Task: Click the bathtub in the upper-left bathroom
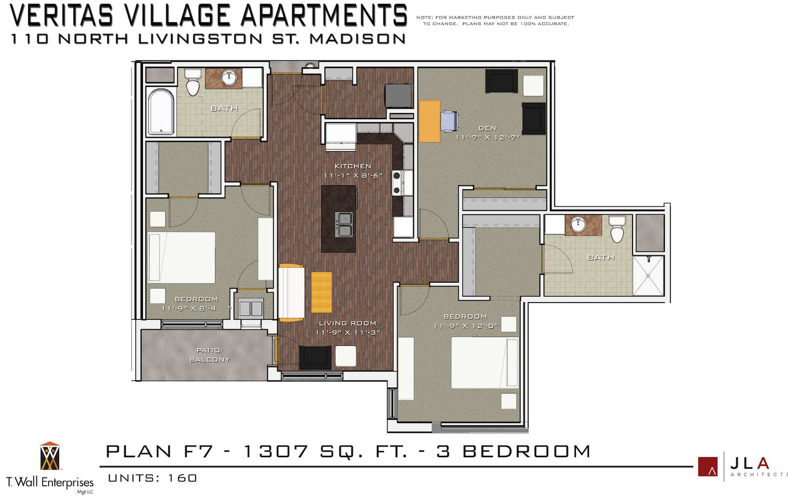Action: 161,112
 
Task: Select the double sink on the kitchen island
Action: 345,224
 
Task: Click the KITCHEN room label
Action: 353,166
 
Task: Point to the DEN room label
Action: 487,128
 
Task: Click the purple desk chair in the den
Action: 449,120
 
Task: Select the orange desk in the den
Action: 429,121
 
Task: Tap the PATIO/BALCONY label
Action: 209,355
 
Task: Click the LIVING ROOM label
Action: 347,323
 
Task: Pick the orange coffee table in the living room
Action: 322,292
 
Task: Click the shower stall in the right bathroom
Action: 648,275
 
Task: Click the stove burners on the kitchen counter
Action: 397,183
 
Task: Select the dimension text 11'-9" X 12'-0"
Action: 465,326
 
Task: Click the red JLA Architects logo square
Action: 707,466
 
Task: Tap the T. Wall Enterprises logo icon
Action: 50,456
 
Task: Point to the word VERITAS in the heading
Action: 61,15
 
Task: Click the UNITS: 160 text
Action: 153,478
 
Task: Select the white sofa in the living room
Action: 291,292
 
